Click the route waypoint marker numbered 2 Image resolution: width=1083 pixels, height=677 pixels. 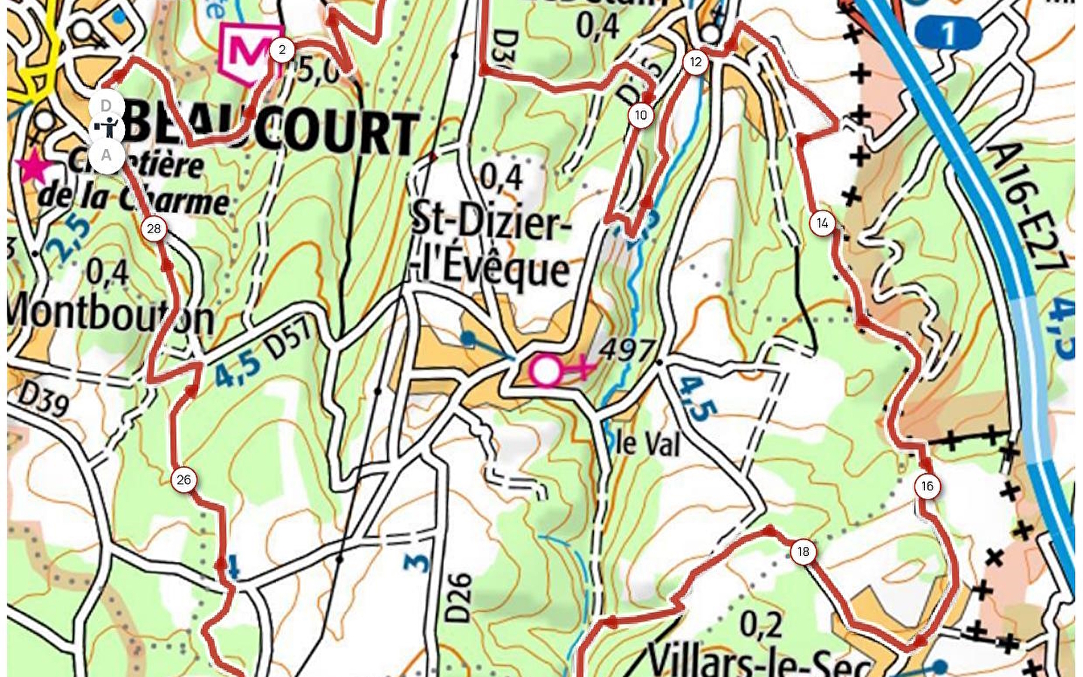click(281, 50)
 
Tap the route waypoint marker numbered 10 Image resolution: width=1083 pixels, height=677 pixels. click(640, 115)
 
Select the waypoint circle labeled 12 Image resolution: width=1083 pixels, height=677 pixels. click(695, 62)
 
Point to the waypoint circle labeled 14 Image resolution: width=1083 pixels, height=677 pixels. click(822, 223)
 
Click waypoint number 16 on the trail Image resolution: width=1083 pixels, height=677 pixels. click(927, 486)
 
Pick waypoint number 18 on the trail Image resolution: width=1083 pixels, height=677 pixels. click(803, 551)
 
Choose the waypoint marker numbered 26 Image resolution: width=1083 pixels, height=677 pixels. click(184, 479)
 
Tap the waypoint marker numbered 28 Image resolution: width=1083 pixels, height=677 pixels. click(154, 229)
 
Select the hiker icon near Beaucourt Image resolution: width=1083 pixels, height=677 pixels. click(108, 129)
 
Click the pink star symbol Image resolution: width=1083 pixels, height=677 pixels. click(32, 168)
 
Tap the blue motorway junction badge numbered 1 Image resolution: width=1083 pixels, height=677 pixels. click(948, 33)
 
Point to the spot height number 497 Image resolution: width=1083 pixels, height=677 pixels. click(627, 349)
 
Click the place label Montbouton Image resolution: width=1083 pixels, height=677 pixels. click(111, 314)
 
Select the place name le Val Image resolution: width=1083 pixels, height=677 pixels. click(647, 444)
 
